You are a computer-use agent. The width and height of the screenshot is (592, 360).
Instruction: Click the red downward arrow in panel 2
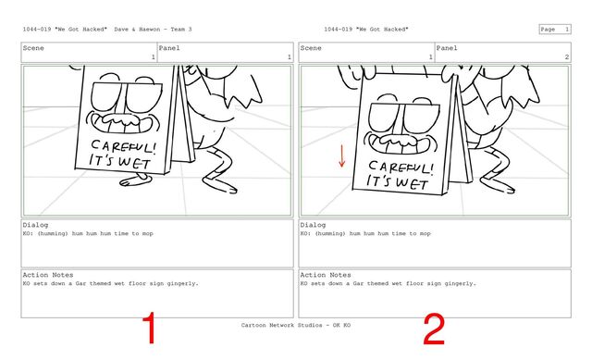pyautogui.click(x=341, y=155)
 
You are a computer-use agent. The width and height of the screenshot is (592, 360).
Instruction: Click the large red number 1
pyautogui.click(x=150, y=328)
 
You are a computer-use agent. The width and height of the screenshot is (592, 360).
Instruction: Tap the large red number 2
pyautogui.click(x=434, y=329)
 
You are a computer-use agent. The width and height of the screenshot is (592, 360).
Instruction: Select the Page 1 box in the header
pyautogui.click(x=555, y=29)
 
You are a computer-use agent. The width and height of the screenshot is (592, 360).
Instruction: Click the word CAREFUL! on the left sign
pyautogui.click(x=123, y=146)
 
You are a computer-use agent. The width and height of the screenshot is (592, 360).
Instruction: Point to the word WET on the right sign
pyautogui.click(x=412, y=183)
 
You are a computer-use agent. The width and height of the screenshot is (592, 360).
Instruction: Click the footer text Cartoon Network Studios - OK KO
pyautogui.click(x=296, y=325)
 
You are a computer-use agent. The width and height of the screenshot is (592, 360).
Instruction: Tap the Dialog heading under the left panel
pyautogui.click(x=35, y=225)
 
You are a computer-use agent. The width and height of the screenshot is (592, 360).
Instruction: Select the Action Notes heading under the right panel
pyautogui.click(x=326, y=275)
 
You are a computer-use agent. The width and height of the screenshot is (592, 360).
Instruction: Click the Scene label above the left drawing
pyautogui.click(x=33, y=48)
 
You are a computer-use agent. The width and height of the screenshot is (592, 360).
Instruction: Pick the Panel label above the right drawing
pyautogui.click(x=447, y=48)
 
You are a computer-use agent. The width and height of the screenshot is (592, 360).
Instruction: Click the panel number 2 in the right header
pyautogui.click(x=566, y=56)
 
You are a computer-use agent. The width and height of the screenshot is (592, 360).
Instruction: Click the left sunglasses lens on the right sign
pyautogui.click(x=386, y=117)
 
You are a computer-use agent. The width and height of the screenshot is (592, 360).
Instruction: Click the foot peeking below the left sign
pyautogui.click(x=134, y=180)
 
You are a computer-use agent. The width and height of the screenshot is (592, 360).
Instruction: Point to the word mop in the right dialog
pyautogui.click(x=425, y=233)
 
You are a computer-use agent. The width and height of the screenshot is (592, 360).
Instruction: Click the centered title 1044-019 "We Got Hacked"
pyautogui.click(x=366, y=29)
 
